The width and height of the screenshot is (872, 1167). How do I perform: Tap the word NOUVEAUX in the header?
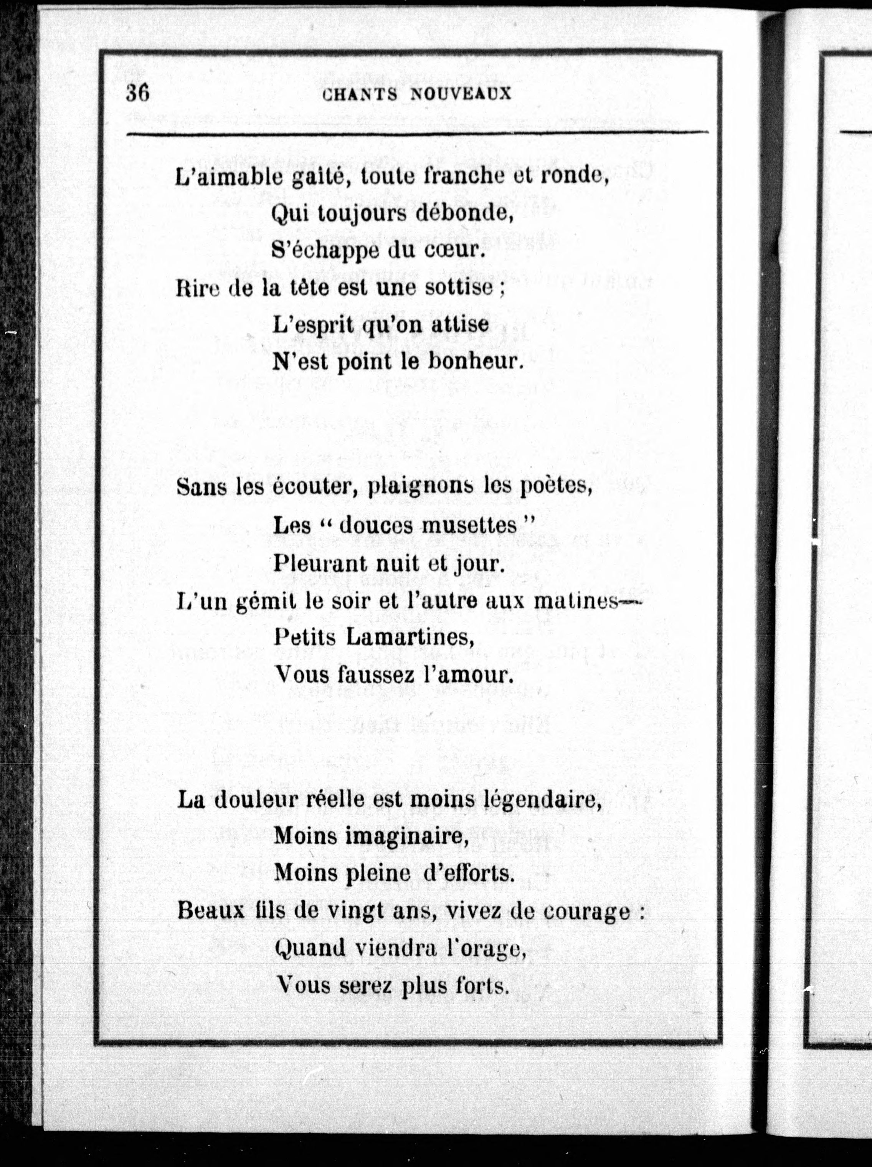click(461, 94)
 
